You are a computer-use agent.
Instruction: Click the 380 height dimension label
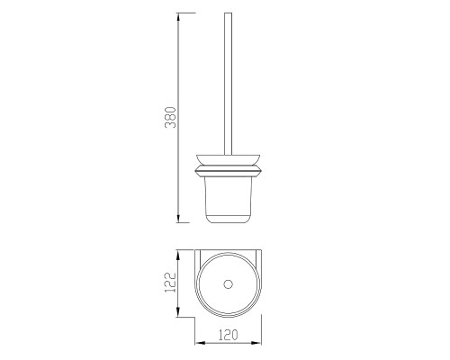pos(170,117)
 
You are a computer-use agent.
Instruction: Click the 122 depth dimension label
pos(170,283)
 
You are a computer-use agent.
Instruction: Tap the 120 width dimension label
pos(228,335)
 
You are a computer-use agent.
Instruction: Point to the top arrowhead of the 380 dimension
pos(178,17)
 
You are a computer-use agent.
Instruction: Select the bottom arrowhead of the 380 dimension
pos(178,219)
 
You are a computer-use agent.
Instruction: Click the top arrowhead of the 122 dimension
pos(178,256)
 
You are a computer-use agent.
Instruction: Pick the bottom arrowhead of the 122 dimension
pos(178,312)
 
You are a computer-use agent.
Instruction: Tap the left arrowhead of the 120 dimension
pos(200,343)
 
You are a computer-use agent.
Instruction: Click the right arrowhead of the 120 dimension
pos(256,343)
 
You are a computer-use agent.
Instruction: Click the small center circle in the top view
pos(229,284)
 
